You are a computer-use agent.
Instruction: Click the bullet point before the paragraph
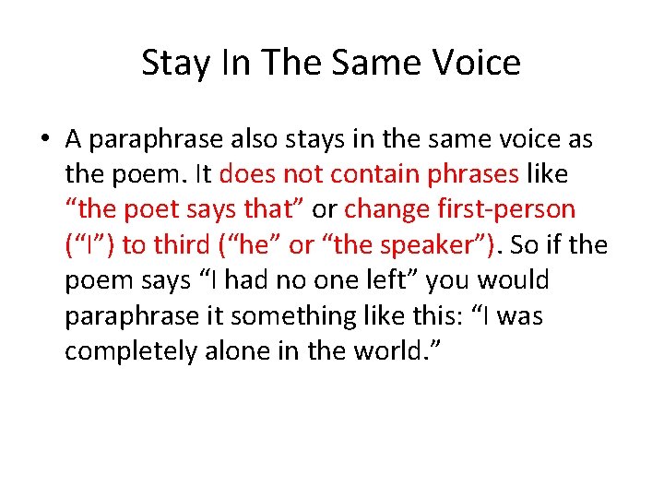pos(44,140)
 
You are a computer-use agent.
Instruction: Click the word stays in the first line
pos(336,139)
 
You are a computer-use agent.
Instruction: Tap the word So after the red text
pos(524,245)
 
